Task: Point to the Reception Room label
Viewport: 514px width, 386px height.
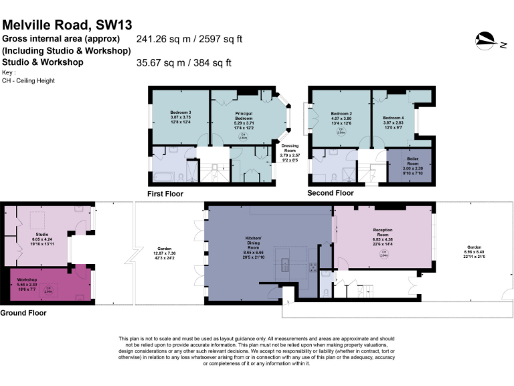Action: pyautogui.click(x=382, y=233)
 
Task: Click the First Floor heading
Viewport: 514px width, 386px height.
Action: pyautogui.click(x=165, y=194)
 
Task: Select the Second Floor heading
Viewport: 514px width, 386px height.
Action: pyautogui.click(x=330, y=193)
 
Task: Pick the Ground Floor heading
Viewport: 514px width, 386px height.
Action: pyautogui.click(x=22, y=313)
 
